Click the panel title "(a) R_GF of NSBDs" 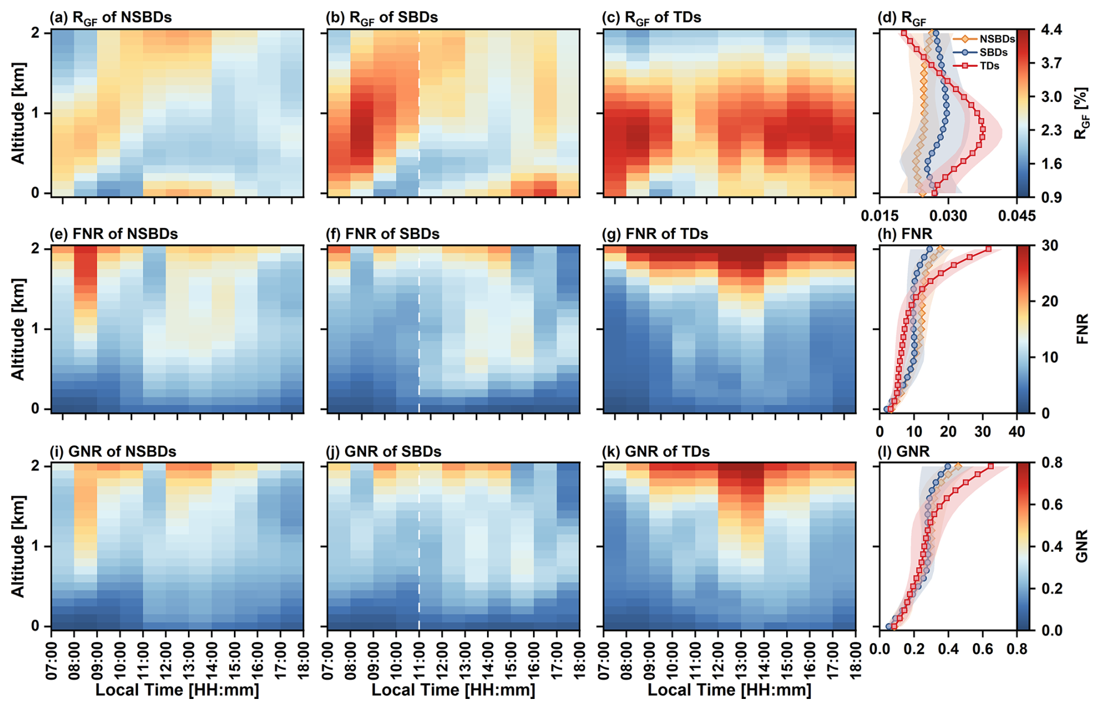click(111, 17)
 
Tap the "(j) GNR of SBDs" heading click(384, 452)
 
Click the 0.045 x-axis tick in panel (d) click(1016, 216)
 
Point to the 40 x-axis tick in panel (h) click(1017, 431)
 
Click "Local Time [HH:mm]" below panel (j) click(453, 691)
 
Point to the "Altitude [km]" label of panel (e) click(18, 329)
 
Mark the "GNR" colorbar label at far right click(1082, 546)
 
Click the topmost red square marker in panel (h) click(989, 249)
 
